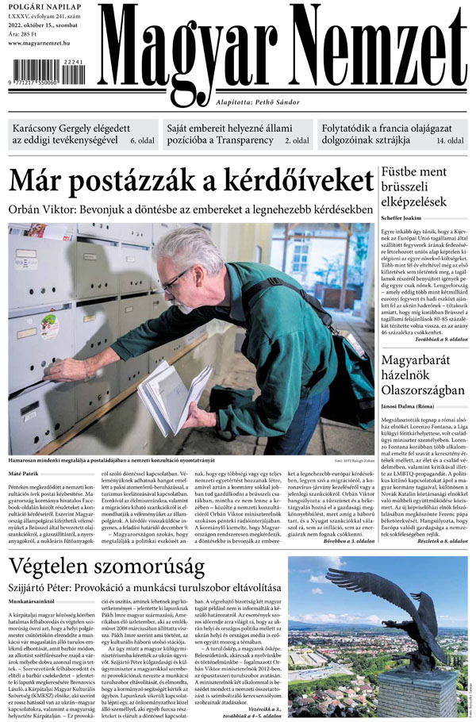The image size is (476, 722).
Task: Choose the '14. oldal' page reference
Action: pos(450,141)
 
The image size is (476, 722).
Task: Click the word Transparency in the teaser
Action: pos(254,141)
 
